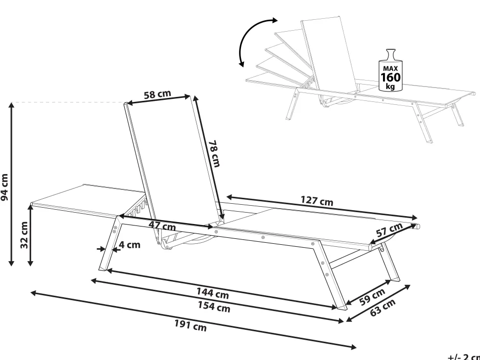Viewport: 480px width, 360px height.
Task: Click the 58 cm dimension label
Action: (157, 94)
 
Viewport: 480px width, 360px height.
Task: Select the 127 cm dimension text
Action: (317, 201)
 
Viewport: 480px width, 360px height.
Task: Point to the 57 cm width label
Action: (388, 231)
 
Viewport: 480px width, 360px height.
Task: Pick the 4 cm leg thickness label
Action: (130, 244)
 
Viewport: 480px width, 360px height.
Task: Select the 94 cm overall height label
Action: (5, 187)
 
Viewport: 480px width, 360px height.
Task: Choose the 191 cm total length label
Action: (190, 325)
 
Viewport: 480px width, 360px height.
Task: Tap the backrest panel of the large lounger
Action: (173, 158)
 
